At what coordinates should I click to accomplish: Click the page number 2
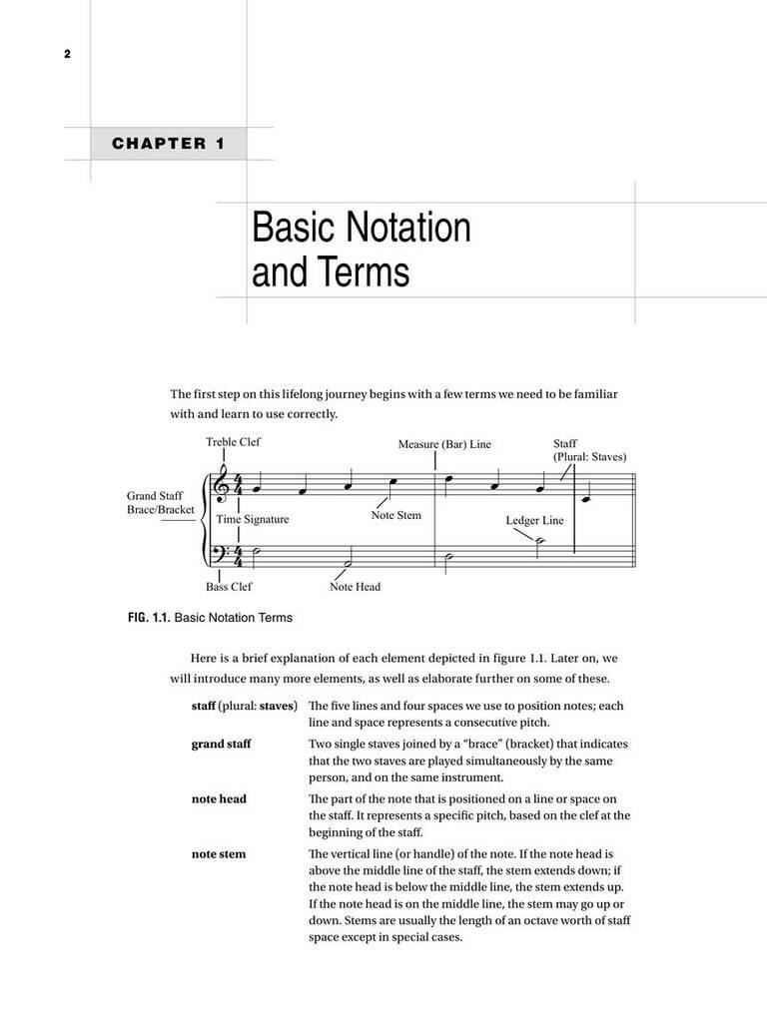[67, 54]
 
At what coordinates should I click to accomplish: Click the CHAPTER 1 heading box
[168, 144]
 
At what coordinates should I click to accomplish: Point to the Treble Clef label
[233, 442]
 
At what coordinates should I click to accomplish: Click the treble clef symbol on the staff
[221, 486]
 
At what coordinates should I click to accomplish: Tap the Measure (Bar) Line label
[444, 444]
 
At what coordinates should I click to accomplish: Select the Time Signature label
[253, 519]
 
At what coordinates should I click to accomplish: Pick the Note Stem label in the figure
[396, 516]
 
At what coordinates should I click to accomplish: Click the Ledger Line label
[534, 520]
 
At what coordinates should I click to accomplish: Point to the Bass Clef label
[229, 587]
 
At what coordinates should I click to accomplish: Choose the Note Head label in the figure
[355, 587]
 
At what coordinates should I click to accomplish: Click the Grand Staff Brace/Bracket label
[160, 502]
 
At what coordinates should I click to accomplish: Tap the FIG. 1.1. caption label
[148, 618]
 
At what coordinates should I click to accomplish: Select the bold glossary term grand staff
[221, 745]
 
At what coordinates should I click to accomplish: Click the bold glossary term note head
[219, 799]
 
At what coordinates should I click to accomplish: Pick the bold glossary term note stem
[218, 854]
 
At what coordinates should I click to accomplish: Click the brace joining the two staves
[206, 518]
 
